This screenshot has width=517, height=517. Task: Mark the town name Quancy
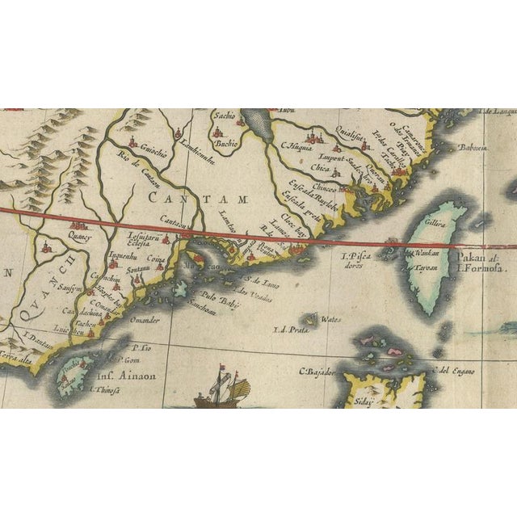80,237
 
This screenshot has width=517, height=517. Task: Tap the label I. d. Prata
292,328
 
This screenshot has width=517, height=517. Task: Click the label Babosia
473,148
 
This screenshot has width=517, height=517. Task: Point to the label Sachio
225,116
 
